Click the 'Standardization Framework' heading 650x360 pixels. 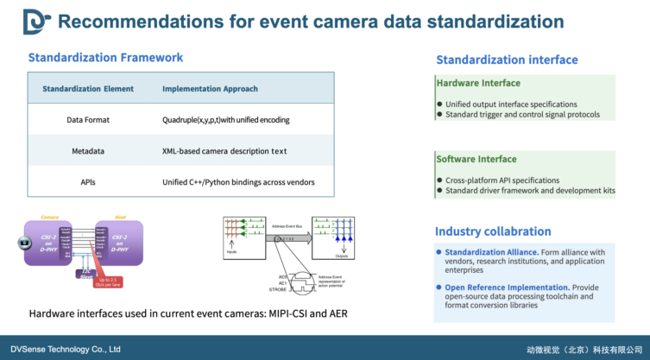(105, 58)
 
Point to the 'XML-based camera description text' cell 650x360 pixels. (224, 151)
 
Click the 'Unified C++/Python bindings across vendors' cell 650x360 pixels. (237, 182)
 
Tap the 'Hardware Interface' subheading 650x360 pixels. (478, 84)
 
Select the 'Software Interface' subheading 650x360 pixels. (476, 159)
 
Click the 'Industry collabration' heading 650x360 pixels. (493, 231)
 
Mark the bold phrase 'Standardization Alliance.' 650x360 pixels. (492, 252)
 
